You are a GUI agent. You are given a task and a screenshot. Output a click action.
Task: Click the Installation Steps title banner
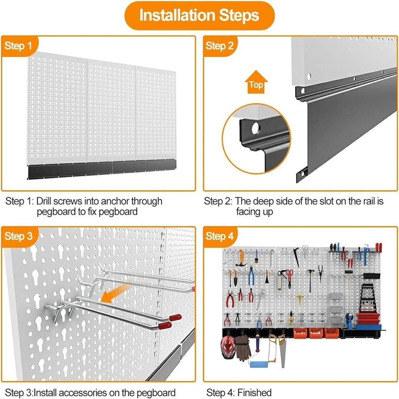(x=199, y=15)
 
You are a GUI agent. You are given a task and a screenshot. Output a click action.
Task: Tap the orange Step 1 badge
(x=18, y=46)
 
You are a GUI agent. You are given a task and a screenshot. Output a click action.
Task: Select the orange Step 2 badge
(x=219, y=46)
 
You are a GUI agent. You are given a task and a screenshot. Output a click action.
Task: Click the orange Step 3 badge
(x=18, y=236)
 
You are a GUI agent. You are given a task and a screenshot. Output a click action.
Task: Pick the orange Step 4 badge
(x=219, y=236)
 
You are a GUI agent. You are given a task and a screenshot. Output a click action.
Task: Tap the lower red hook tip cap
(x=165, y=326)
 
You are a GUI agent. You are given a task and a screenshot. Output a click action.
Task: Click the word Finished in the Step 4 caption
(x=254, y=393)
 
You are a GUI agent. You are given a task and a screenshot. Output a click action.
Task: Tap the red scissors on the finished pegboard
(x=290, y=278)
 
